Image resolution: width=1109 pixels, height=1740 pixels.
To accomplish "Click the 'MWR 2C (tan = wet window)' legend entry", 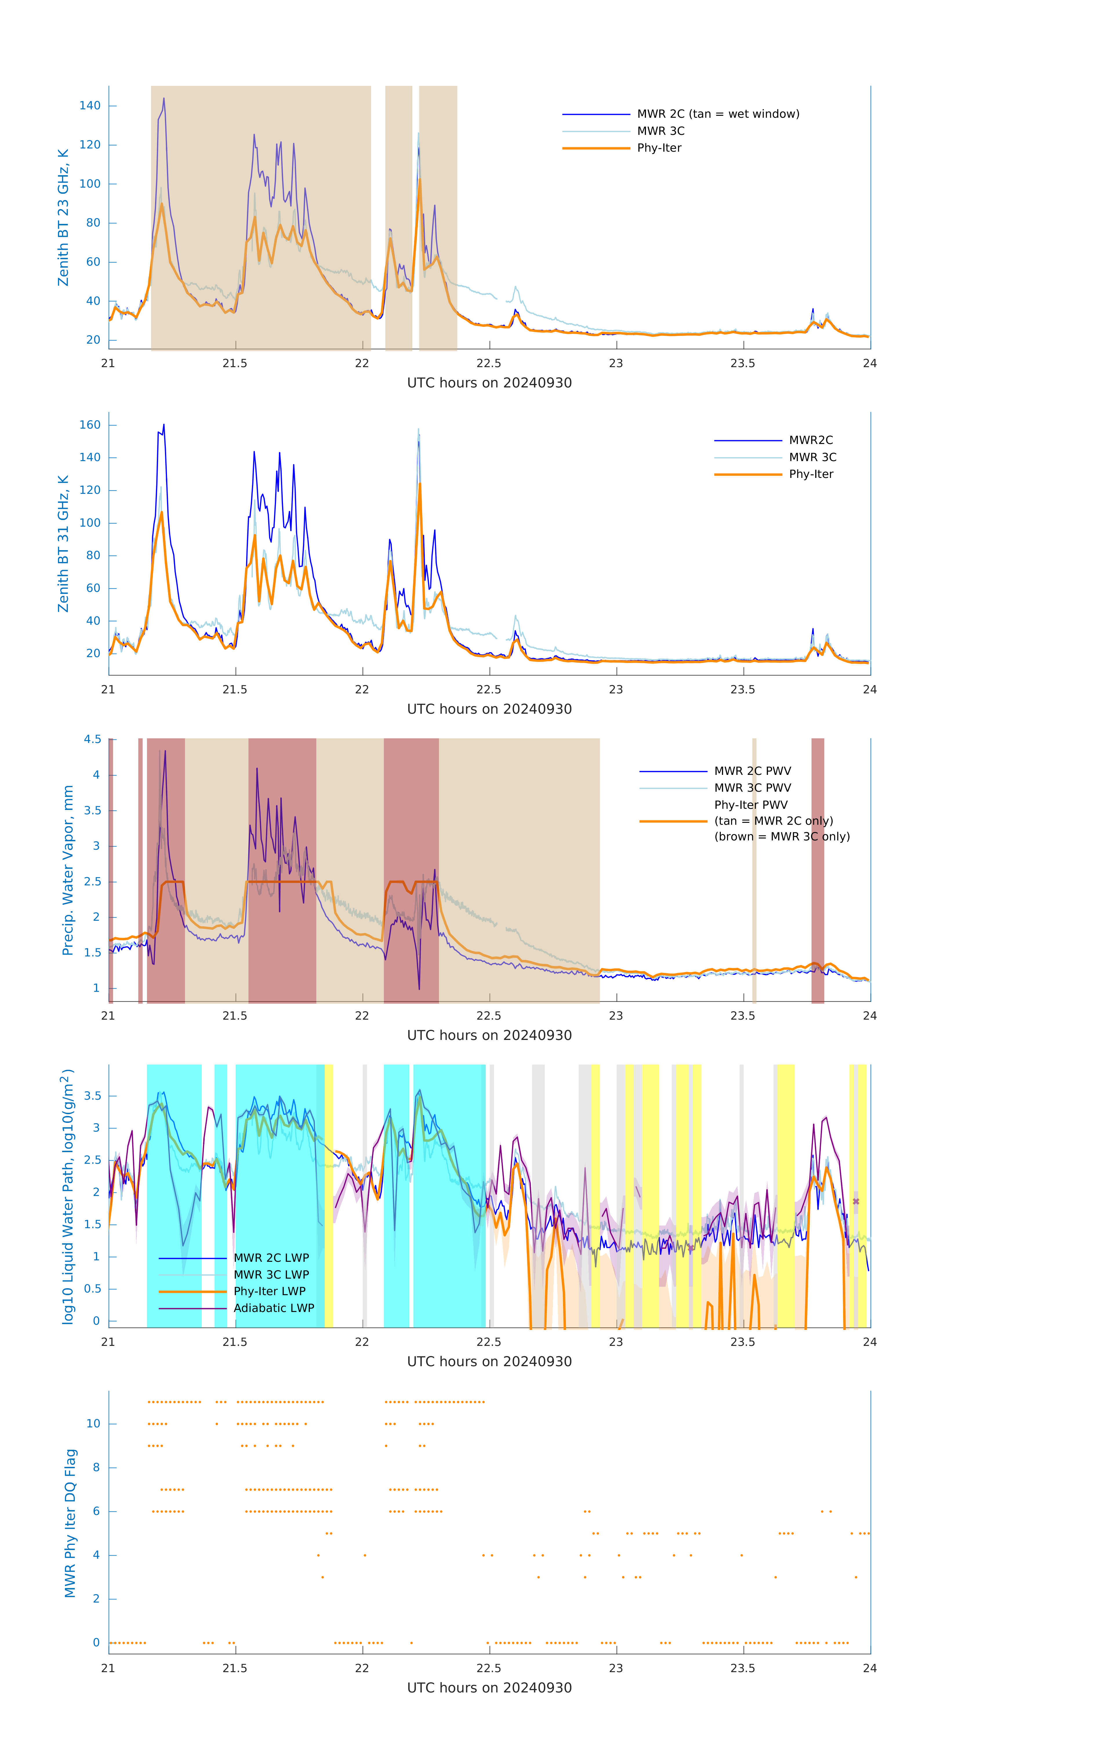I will click(717, 114).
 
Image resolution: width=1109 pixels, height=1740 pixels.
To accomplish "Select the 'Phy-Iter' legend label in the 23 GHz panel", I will click(659, 148).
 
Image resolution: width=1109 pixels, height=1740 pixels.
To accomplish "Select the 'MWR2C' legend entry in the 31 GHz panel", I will click(811, 440).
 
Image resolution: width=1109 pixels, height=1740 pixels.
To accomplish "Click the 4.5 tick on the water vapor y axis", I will click(92, 739).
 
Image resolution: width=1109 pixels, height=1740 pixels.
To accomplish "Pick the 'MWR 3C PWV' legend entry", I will click(752, 788).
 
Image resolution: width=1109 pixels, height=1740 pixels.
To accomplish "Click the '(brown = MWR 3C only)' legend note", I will click(782, 837).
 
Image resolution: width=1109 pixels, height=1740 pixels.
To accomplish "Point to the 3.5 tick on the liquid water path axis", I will click(92, 1096).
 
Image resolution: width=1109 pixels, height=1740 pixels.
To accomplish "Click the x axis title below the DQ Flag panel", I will click(489, 1688).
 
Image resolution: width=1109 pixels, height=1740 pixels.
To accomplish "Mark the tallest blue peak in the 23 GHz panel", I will click(164, 99).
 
